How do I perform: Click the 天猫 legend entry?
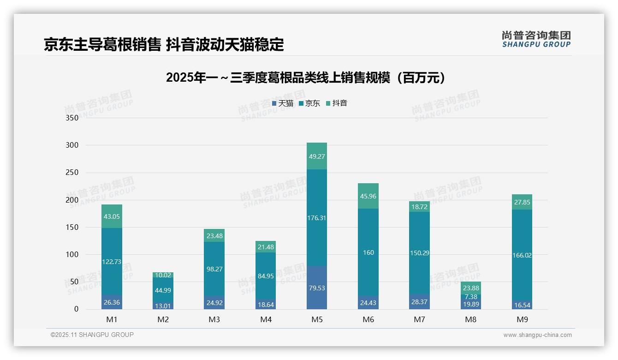(x=283, y=103)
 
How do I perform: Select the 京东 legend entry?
(x=309, y=103)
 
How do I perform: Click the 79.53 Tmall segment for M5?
(x=317, y=288)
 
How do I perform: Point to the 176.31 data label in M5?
(x=317, y=218)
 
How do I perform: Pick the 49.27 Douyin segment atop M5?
(x=317, y=156)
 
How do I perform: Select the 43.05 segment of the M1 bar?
(x=112, y=216)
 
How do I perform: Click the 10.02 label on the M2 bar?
(x=163, y=276)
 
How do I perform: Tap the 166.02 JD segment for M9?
(x=522, y=255)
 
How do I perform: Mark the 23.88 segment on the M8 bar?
(x=471, y=288)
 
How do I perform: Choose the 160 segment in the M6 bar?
(x=368, y=252)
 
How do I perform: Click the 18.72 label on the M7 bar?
(x=420, y=207)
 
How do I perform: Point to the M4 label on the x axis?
(x=266, y=319)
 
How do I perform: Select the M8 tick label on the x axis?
(x=471, y=319)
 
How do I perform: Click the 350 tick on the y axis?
(x=72, y=118)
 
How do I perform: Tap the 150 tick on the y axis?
(x=72, y=227)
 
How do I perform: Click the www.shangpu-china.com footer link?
(x=537, y=335)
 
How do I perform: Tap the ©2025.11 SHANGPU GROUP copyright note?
(x=92, y=335)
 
